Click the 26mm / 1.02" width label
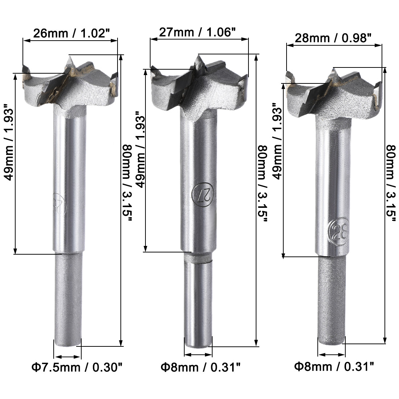pos(71,33)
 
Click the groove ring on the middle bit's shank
pos(198,258)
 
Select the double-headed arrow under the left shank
pos(67,357)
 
